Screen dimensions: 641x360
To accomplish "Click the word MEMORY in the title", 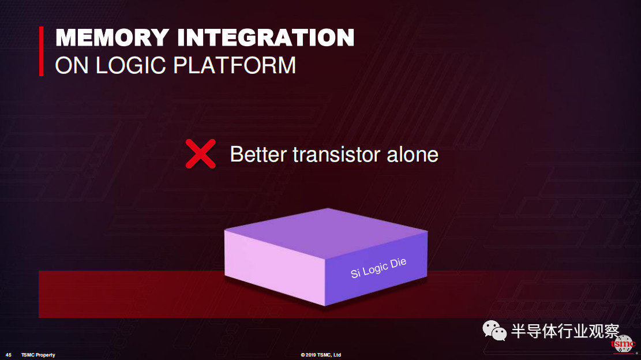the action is tap(113, 37).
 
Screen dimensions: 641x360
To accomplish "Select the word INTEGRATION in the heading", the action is tap(266, 37).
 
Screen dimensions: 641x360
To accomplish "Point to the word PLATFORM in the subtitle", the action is tap(234, 65).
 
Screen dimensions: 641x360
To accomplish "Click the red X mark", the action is tap(200, 154).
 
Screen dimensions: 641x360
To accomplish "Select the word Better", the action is tap(258, 155).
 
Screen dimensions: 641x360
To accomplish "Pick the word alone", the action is tap(413, 155).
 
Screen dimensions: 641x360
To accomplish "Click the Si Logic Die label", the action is tap(378, 268).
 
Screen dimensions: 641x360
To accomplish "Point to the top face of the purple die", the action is tap(326, 233).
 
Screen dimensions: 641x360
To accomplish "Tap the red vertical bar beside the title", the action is tap(41, 51).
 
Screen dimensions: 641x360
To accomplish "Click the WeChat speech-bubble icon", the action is tap(494, 330).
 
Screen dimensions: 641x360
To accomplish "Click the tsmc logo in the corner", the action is tap(624, 344).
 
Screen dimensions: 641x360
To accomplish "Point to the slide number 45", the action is tap(9, 355).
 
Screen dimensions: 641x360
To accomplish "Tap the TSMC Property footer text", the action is tap(38, 355).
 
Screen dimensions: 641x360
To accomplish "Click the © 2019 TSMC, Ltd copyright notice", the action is tap(321, 355).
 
